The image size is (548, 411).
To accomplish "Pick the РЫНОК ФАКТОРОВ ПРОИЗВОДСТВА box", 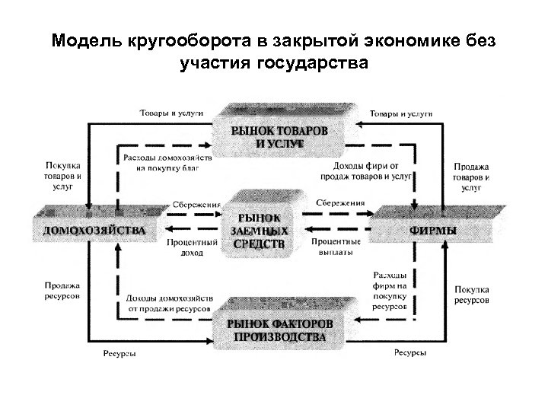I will (x=276, y=330).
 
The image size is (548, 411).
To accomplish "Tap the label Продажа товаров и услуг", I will (x=472, y=175).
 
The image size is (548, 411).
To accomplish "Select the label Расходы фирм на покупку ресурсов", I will (x=389, y=288).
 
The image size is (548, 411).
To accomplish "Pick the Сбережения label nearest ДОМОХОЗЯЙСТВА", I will (x=196, y=204).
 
